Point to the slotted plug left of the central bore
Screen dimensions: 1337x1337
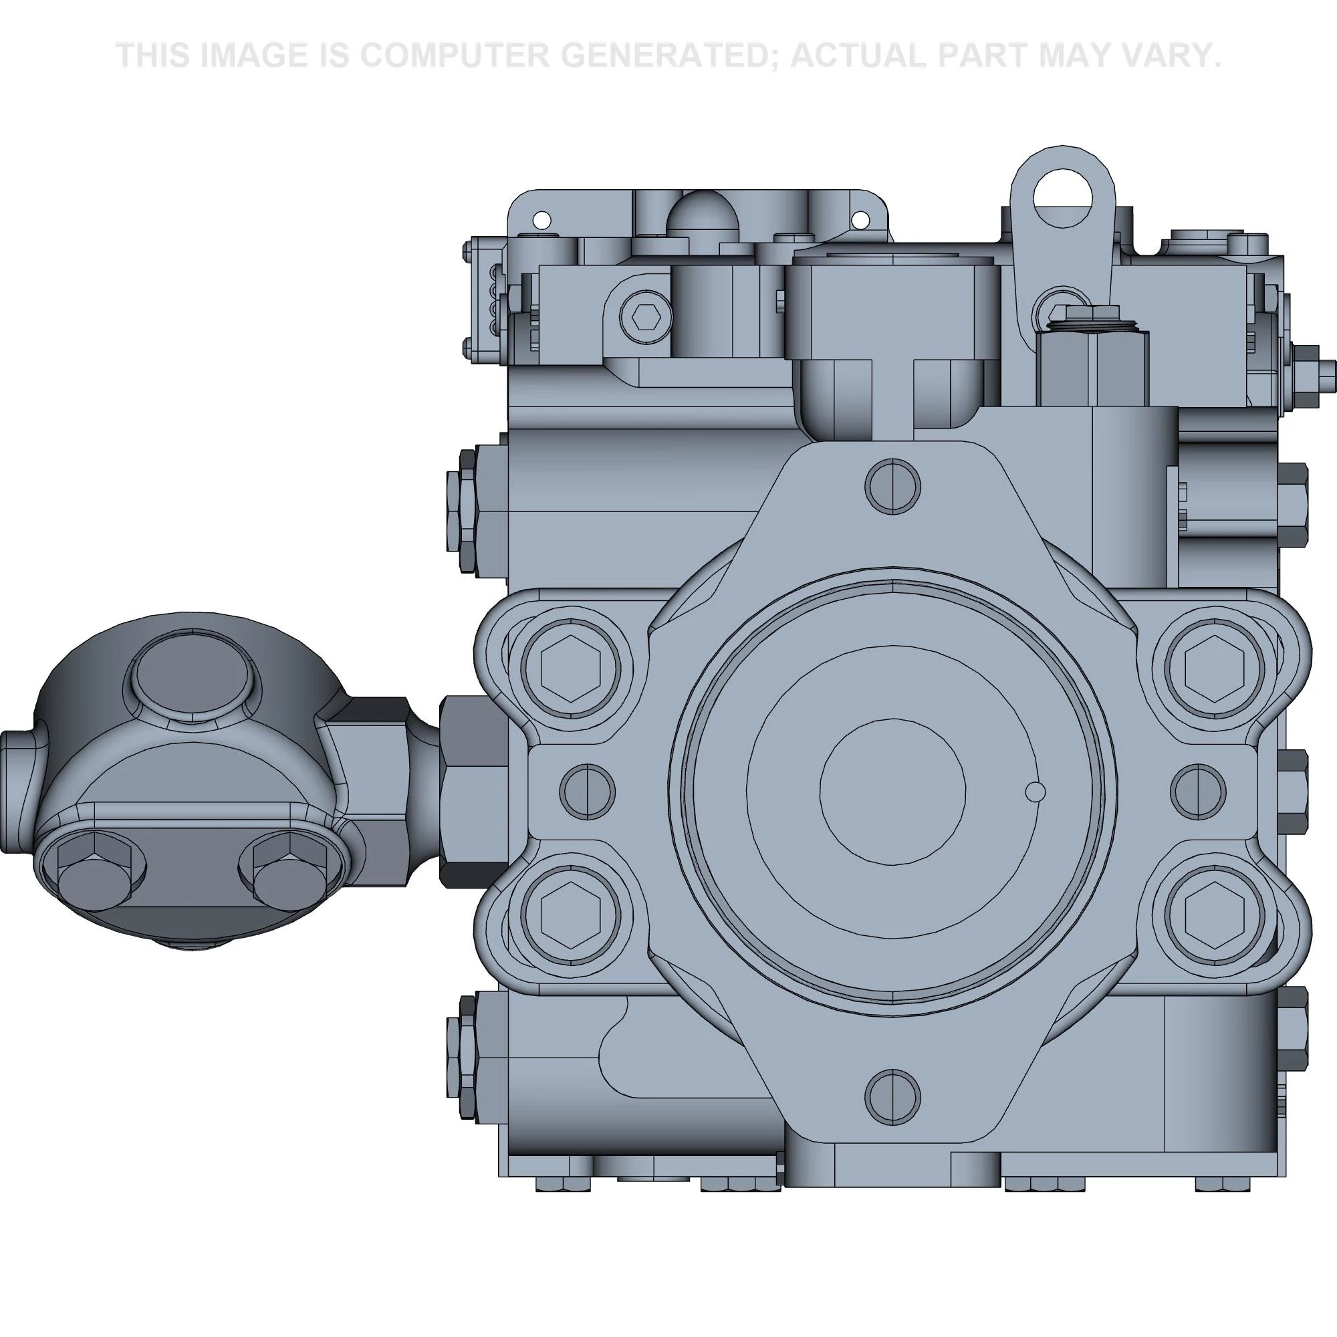click(587, 792)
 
